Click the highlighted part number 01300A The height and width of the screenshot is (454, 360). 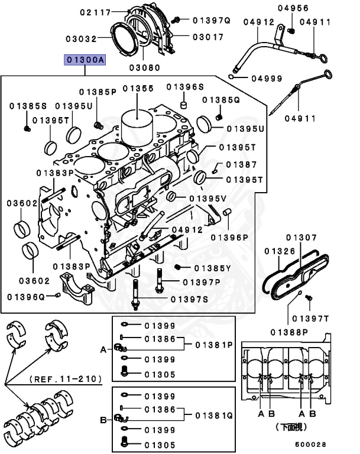[x=85, y=61]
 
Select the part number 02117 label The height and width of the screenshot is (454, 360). [x=96, y=12]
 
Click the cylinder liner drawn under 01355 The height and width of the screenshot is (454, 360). [x=138, y=126]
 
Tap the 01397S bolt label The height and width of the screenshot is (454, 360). [x=189, y=299]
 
